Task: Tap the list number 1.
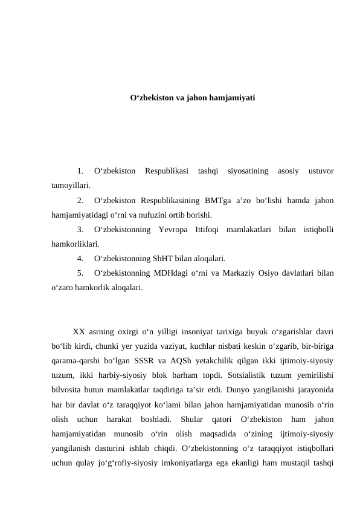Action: (80, 171)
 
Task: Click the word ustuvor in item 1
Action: (321, 171)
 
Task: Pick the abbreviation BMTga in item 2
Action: (220, 200)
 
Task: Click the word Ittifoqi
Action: (209, 229)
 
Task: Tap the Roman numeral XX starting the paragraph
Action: (79, 331)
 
